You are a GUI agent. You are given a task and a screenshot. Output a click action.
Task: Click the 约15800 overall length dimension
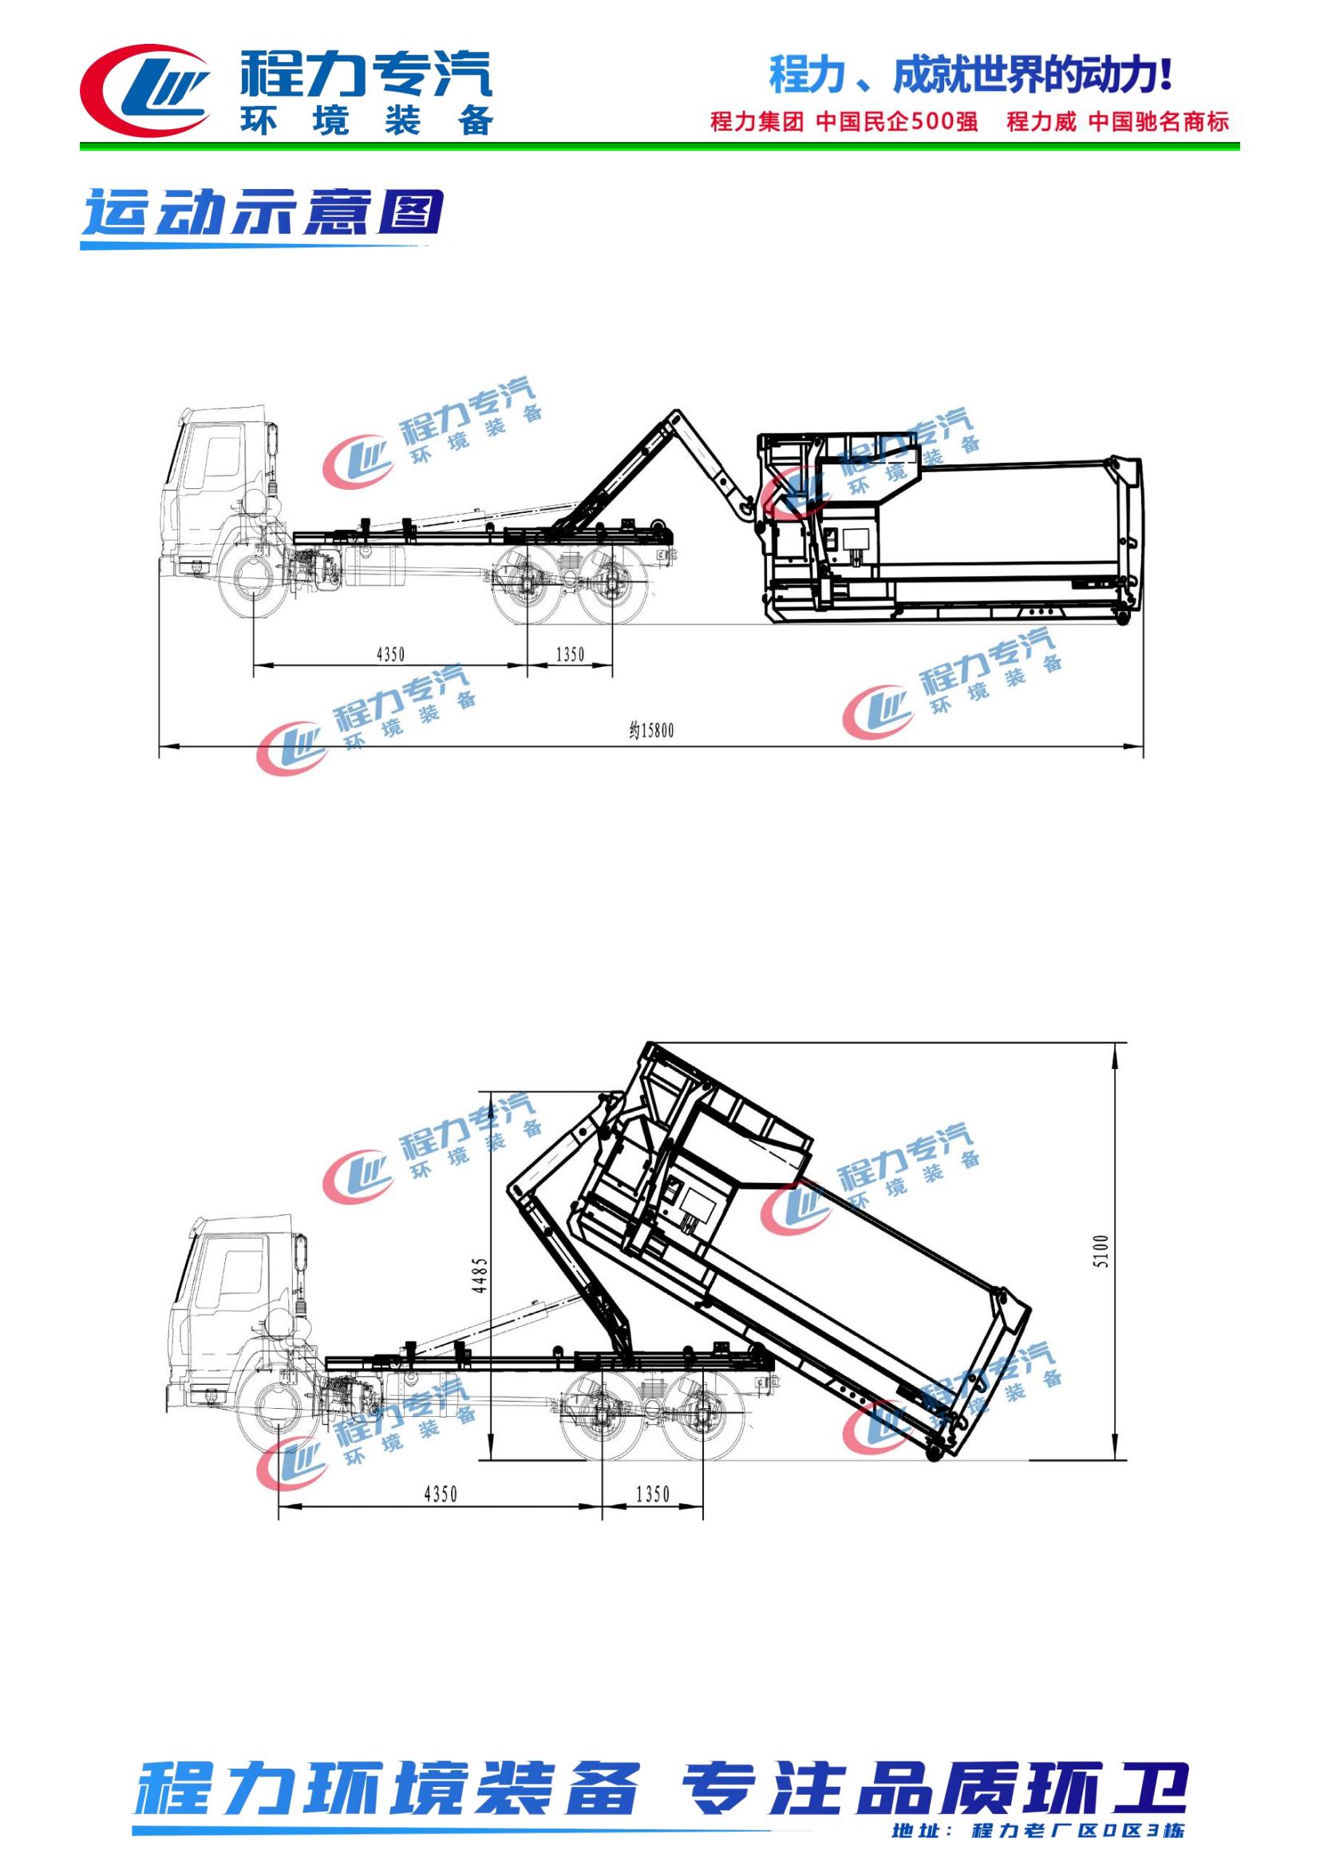point(651,730)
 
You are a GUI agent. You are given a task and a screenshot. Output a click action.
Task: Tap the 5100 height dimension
point(1101,1252)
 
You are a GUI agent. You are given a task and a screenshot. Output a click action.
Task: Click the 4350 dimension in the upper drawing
point(390,654)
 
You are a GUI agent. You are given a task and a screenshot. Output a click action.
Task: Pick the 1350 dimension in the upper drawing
point(570,654)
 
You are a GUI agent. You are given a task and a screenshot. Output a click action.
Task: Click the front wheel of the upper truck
point(255,578)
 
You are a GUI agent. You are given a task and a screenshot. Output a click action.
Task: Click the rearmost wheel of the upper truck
point(613,582)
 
